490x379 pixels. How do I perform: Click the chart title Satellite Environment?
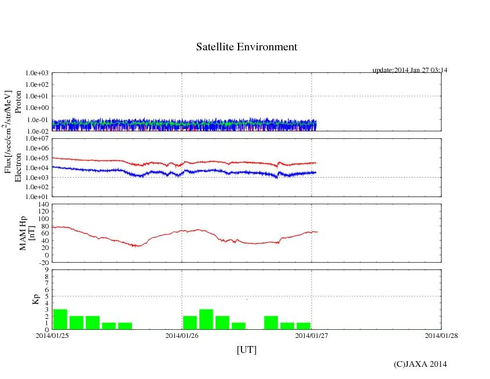(x=247, y=47)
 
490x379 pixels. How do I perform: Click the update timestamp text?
(x=409, y=70)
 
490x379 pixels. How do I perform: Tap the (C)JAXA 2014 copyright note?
(x=420, y=364)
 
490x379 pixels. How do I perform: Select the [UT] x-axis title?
(x=246, y=350)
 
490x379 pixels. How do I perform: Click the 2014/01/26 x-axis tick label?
(x=182, y=335)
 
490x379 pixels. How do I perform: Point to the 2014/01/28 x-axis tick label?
(x=441, y=335)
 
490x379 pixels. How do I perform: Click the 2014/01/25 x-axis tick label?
(x=52, y=335)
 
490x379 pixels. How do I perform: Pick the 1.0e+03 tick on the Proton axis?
(x=38, y=73)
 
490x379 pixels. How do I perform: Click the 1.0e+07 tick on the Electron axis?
(x=38, y=139)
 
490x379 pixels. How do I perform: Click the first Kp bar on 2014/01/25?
(x=60, y=319)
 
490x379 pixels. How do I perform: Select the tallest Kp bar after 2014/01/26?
(x=206, y=319)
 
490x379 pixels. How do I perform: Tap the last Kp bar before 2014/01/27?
(x=303, y=326)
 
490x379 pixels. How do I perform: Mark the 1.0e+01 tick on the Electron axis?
(x=38, y=197)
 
